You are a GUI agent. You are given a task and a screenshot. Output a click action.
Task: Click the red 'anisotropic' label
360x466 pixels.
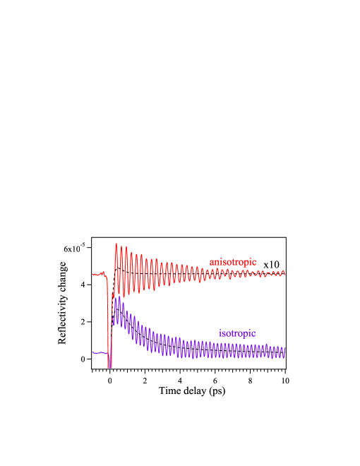point(232,262)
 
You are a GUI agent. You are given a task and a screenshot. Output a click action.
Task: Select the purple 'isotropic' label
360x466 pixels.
point(237,333)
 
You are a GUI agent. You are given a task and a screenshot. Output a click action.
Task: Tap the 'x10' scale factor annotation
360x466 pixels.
point(272,264)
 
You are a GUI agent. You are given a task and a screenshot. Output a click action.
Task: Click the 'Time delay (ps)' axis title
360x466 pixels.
point(192,390)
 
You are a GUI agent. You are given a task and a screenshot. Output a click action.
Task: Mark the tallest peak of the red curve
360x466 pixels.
point(116,244)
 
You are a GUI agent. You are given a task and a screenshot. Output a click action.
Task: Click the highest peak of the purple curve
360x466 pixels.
point(116,298)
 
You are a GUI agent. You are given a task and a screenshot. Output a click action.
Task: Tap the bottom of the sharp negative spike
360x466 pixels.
point(109,366)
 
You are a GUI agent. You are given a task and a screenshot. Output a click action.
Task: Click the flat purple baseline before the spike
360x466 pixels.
point(97,352)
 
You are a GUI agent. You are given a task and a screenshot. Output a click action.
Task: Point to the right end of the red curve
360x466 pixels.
point(284,273)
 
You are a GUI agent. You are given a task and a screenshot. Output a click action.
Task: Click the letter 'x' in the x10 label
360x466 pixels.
point(266,265)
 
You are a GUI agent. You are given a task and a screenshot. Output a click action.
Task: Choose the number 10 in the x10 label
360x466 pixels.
point(275,264)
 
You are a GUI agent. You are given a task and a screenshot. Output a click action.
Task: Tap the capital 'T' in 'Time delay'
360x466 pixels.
point(162,390)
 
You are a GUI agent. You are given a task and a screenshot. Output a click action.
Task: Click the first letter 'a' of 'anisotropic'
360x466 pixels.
point(212,262)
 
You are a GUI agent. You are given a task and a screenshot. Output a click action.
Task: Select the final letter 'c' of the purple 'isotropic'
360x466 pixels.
point(253,333)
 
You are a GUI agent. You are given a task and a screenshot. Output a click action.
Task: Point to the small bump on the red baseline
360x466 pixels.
point(103,272)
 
